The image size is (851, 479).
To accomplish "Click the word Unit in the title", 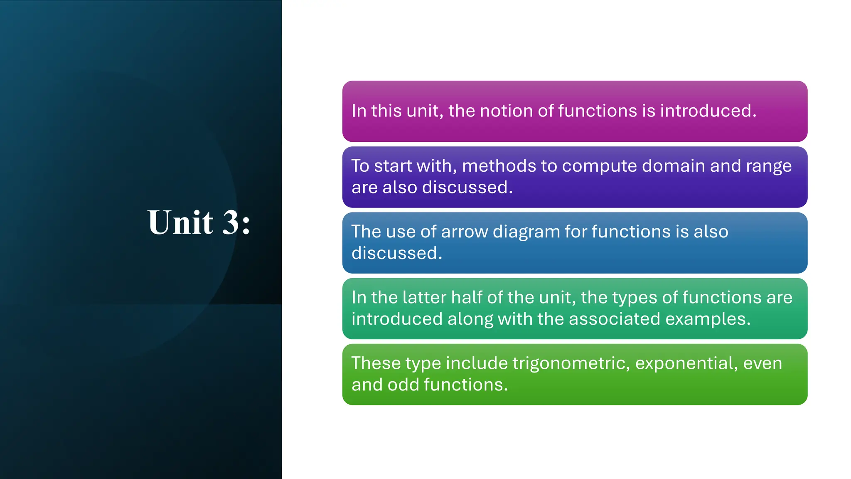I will (x=180, y=222).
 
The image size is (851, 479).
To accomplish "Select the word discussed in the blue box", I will (x=396, y=253).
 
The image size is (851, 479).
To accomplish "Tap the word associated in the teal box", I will (x=614, y=319).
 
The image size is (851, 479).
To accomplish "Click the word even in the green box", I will (x=762, y=364).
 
